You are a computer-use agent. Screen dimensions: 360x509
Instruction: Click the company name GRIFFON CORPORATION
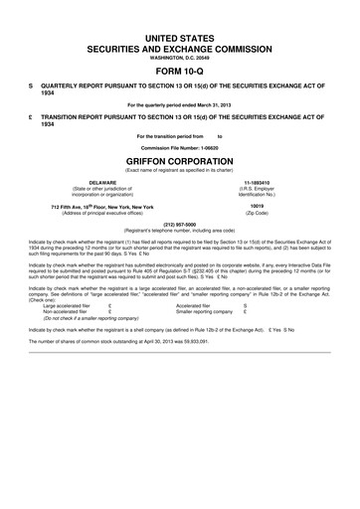(180, 159)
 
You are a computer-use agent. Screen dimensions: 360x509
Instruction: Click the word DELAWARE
(102, 183)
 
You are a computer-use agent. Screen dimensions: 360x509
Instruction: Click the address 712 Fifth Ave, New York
(102, 206)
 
